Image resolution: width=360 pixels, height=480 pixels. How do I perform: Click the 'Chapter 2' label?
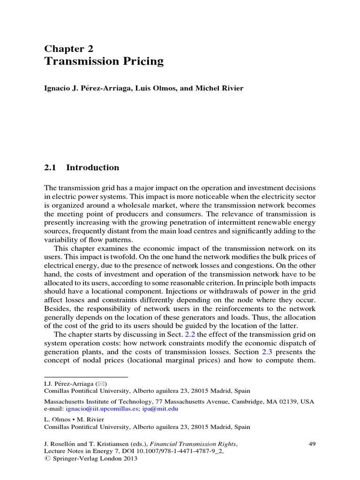[x=68, y=49]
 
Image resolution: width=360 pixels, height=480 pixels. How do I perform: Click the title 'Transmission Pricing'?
[x=104, y=62]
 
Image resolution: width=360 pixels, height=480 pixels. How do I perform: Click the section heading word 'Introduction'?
[x=93, y=168]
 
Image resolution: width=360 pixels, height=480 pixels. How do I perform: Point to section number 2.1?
[x=51, y=168]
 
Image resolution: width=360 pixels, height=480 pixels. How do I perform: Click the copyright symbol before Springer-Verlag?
[x=46, y=459]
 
